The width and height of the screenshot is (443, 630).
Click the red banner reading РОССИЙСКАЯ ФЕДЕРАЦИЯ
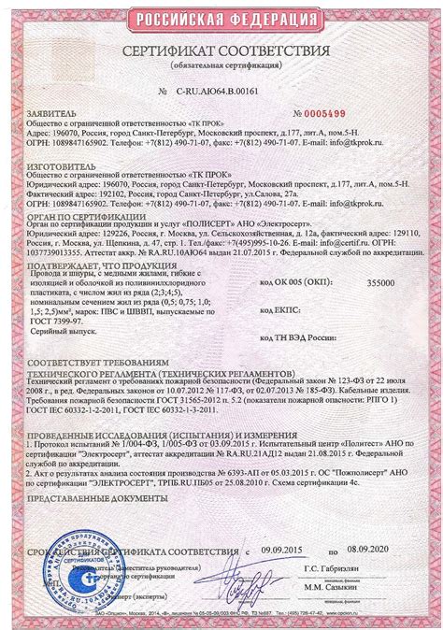(x=222, y=19)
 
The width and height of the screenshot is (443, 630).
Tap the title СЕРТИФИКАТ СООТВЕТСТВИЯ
(x=222, y=50)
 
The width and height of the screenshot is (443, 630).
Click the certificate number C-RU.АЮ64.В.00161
(x=221, y=94)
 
